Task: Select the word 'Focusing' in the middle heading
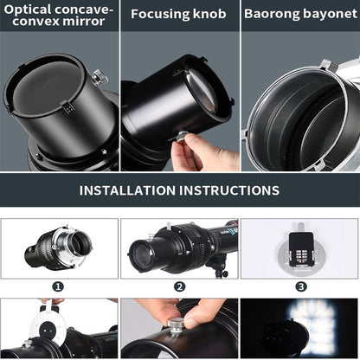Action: [161, 14]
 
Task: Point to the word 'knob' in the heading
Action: [209, 14]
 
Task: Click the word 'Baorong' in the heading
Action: [273, 14]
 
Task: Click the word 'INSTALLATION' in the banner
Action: [138, 190]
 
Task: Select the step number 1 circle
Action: [58, 286]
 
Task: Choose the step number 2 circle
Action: [179, 286]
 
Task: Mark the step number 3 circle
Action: [300, 286]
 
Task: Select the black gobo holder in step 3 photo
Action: [300, 247]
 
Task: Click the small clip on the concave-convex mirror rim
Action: [66, 108]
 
